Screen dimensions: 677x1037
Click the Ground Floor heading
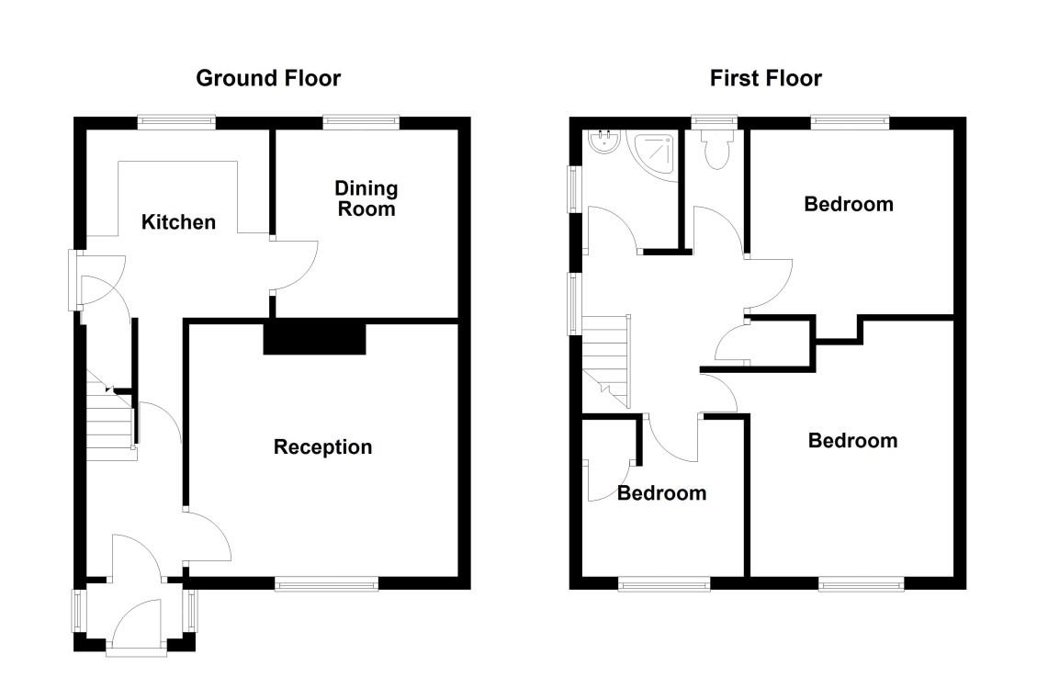[x=267, y=78]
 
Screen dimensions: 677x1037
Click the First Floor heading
[x=765, y=78]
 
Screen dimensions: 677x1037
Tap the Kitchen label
[x=178, y=222]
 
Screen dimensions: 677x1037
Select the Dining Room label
[x=366, y=198]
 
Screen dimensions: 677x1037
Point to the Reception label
[x=322, y=447]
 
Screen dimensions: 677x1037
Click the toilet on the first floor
[x=714, y=150]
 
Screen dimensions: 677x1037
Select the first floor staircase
[x=606, y=358]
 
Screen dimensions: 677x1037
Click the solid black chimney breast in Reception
[x=314, y=337]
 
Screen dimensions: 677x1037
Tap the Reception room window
[x=326, y=582]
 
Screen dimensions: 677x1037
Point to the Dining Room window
[x=361, y=120]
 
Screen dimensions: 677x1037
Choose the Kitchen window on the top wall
[x=176, y=120]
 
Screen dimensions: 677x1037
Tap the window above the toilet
[x=714, y=120]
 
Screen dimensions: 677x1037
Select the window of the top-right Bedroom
[x=850, y=120]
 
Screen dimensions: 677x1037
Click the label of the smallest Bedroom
[x=661, y=493]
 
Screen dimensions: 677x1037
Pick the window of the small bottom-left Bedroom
[x=664, y=582]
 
